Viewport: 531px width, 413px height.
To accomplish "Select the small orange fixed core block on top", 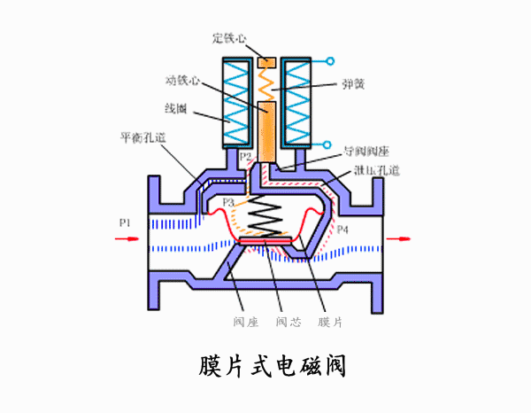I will pos(265,62).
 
